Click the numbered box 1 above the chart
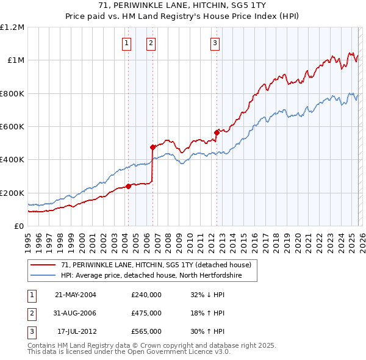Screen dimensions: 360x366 click(126, 43)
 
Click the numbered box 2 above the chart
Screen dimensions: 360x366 click(151, 43)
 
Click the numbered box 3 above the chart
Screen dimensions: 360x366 click(215, 43)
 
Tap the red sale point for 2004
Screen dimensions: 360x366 click(128, 186)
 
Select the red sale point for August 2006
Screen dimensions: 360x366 click(153, 147)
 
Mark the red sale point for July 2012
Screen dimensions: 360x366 click(217, 132)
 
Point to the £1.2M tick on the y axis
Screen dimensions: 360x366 click(13, 27)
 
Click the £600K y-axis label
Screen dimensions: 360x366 click(13, 127)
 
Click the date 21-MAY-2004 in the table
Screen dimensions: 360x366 click(76, 295)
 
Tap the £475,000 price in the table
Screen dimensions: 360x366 click(146, 313)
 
